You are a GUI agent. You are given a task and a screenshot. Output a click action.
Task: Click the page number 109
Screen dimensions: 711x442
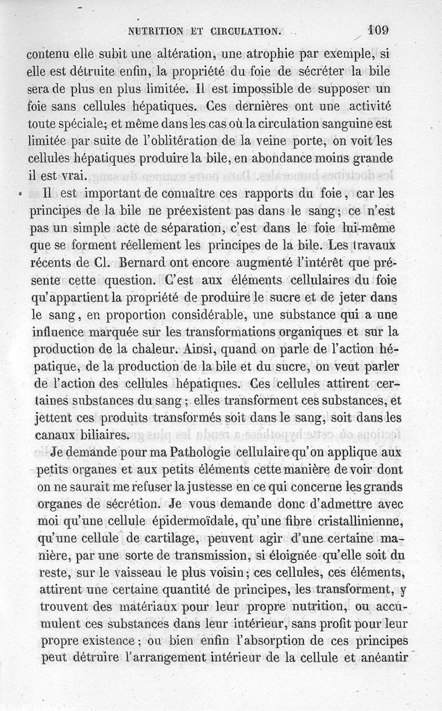[377, 30]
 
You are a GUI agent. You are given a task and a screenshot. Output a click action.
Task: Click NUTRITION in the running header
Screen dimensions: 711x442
[156, 31]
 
